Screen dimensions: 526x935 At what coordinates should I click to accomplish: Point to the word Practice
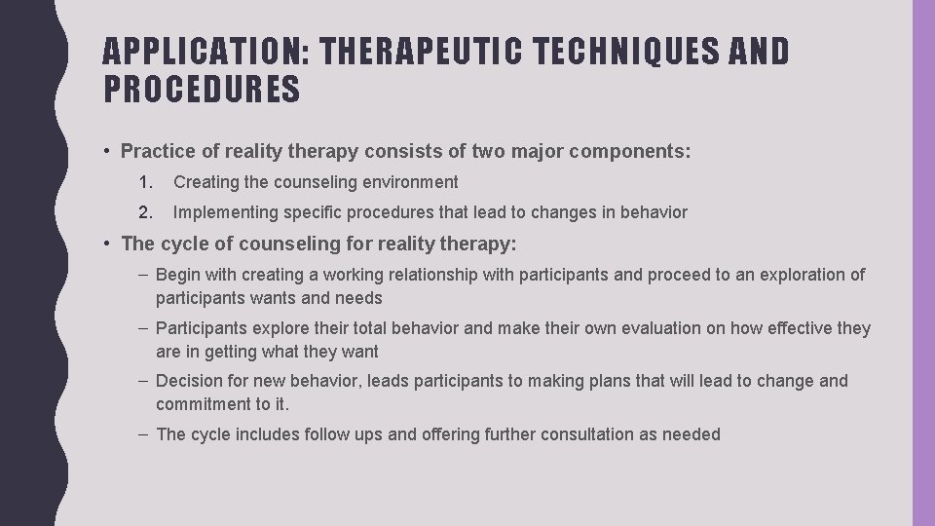156,151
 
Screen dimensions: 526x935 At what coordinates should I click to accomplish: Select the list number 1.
145,182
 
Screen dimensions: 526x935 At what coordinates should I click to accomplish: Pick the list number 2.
145,212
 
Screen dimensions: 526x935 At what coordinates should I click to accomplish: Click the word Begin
178,276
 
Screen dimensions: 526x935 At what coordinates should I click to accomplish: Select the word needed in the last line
691,434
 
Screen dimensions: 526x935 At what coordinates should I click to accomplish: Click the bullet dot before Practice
105,151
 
